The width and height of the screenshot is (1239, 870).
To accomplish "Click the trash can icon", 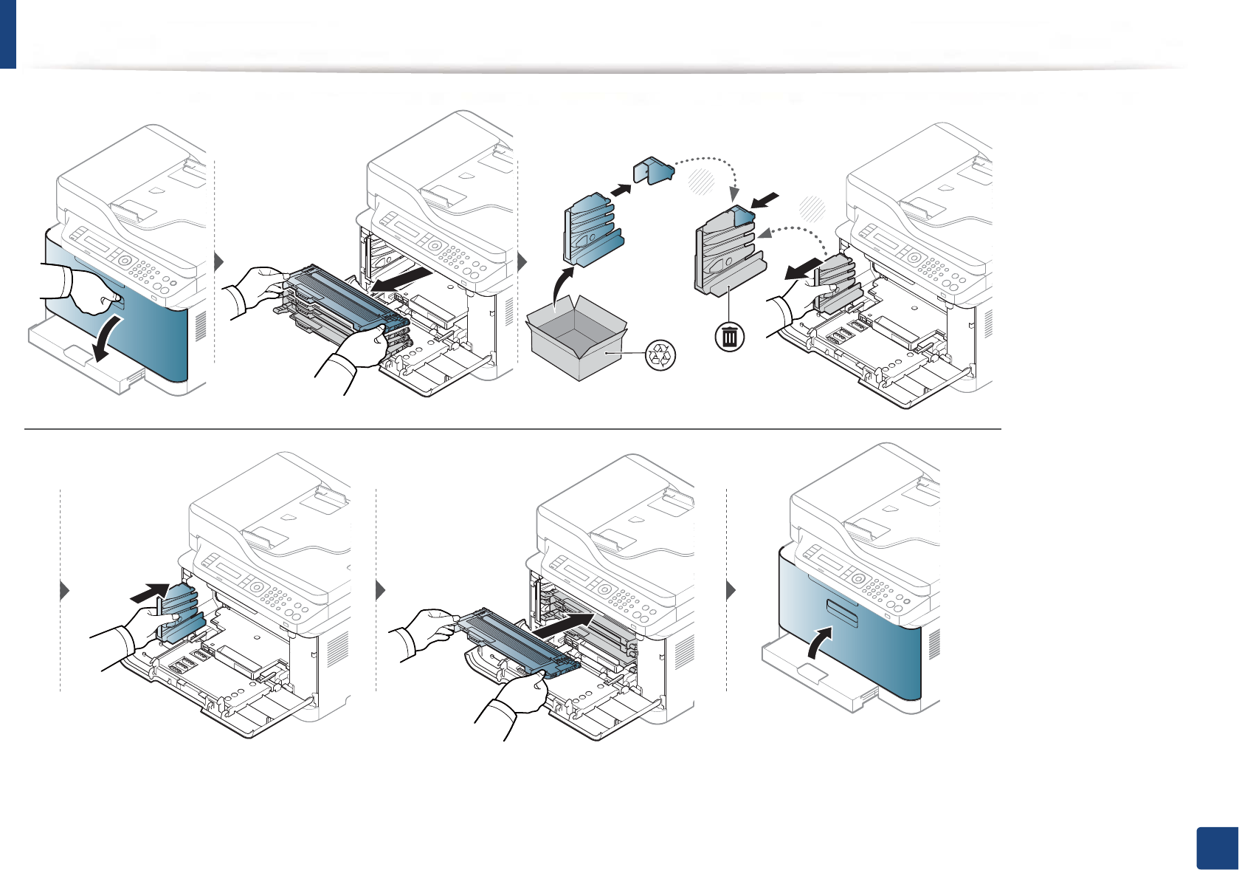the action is pos(729,337).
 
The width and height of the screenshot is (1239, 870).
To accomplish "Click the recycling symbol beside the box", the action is pos(660,355).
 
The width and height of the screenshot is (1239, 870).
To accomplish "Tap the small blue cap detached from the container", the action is pos(654,171).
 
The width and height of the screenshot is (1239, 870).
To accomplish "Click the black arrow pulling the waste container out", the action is pos(803,269).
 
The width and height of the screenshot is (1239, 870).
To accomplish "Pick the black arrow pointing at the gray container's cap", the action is pos(765,199).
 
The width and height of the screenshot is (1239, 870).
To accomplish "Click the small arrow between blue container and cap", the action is pos(621,190).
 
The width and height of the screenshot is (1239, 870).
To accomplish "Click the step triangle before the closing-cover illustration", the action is pos(731,590).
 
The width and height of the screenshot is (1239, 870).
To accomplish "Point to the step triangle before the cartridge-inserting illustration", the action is pos(381,590).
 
